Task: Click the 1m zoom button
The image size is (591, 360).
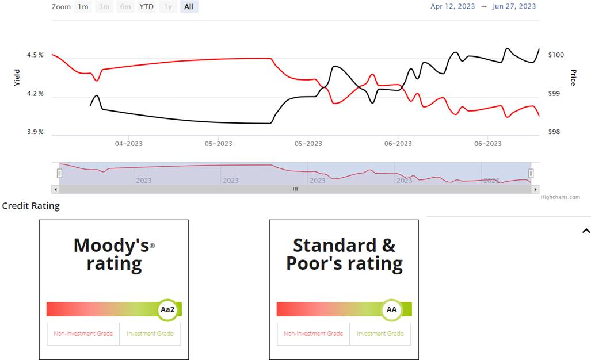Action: pyautogui.click(x=83, y=7)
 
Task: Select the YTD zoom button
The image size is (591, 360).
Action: pyautogui.click(x=147, y=7)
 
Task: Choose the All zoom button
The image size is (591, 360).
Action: pyautogui.click(x=189, y=7)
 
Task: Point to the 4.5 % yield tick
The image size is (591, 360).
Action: pyautogui.click(x=35, y=55)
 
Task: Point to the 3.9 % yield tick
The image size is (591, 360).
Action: pyautogui.click(x=35, y=132)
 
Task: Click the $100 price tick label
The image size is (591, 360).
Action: pyautogui.click(x=556, y=55)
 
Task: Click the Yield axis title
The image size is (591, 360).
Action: pyautogui.click(x=17, y=77)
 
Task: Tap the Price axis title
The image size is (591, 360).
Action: pyautogui.click(x=573, y=77)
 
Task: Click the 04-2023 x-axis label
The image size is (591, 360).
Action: pyautogui.click(x=128, y=144)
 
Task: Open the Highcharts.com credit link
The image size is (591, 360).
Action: pyautogui.click(x=560, y=197)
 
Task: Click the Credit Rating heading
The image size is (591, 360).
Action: pyautogui.click(x=31, y=206)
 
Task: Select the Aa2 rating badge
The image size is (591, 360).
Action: pyautogui.click(x=167, y=309)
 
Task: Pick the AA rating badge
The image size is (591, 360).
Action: pyautogui.click(x=392, y=309)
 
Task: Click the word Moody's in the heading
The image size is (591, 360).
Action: pyautogui.click(x=111, y=246)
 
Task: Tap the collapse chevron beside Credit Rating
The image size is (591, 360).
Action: pyautogui.click(x=586, y=231)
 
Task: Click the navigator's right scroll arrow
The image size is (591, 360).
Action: pyautogui.click(x=536, y=189)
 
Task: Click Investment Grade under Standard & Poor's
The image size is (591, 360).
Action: pyautogui.click(x=380, y=334)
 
